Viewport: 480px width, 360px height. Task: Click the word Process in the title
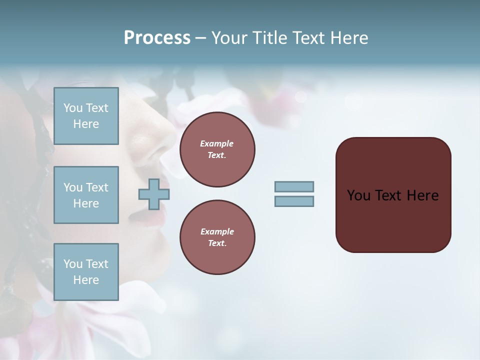pyautogui.click(x=157, y=38)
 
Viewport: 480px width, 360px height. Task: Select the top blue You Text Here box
pyautogui.click(x=86, y=116)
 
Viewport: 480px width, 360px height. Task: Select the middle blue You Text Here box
pyautogui.click(x=86, y=195)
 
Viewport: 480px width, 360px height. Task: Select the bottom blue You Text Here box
pyautogui.click(x=86, y=272)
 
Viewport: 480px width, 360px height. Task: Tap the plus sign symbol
pyautogui.click(x=153, y=194)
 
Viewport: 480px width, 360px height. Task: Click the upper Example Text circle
pyautogui.click(x=217, y=149)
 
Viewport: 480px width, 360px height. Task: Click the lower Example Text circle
pyautogui.click(x=217, y=237)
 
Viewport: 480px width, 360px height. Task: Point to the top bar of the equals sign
pyautogui.click(x=294, y=186)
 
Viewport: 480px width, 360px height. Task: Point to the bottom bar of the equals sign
pyautogui.click(x=294, y=201)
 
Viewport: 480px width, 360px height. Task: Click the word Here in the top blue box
pyautogui.click(x=86, y=124)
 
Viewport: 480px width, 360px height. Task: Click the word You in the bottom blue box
pyautogui.click(x=73, y=264)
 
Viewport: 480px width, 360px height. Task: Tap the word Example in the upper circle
pyautogui.click(x=217, y=143)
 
